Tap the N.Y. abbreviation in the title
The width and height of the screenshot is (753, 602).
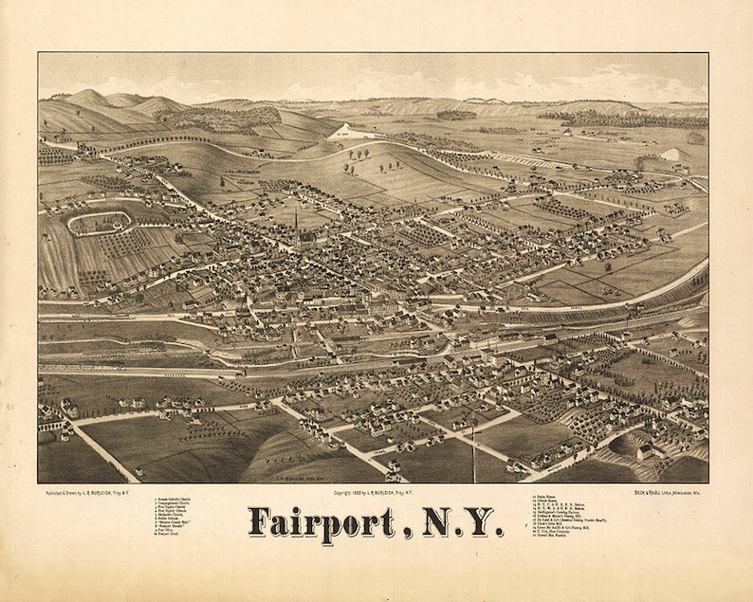454,522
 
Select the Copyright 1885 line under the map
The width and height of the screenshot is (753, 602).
376,492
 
